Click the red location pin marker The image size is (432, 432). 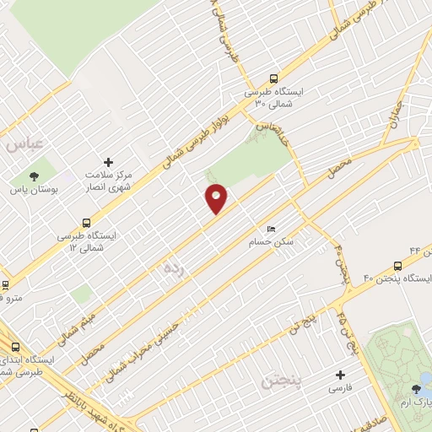[x=216, y=198]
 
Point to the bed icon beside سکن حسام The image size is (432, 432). [x=270, y=229]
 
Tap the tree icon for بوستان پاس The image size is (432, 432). [x=34, y=176]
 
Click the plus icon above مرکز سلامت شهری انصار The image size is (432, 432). [x=107, y=161]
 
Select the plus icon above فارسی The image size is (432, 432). [x=341, y=375]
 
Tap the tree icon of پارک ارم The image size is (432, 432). [x=416, y=388]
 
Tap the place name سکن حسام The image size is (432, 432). [x=276, y=242]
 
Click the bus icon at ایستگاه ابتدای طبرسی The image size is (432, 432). [x=15, y=346]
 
